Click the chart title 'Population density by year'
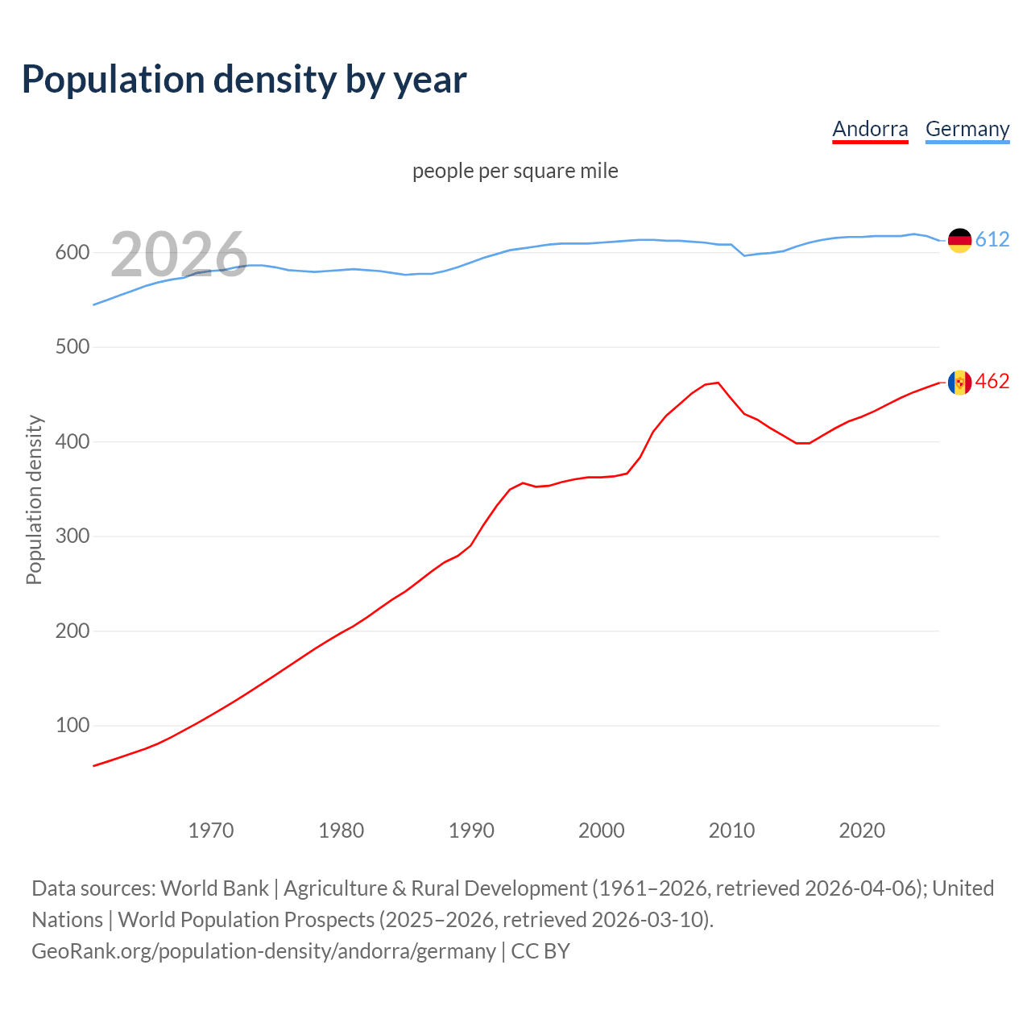[x=244, y=79]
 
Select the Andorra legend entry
[x=870, y=129]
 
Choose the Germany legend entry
[x=967, y=129]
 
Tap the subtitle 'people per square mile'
[x=515, y=171]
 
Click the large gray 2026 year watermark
[x=179, y=255]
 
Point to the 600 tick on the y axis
[x=72, y=253]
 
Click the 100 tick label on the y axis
[x=72, y=726]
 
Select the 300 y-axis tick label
[x=72, y=536]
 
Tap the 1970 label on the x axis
[x=211, y=830]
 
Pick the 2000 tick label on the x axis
[x=602, y=830]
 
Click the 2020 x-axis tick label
[x=862, y=830]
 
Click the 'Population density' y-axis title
[x=34, y=499]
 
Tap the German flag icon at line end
[x=959, y=240]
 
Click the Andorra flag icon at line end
[x=959, y=382]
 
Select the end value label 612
[x=992, y=240]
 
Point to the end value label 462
[x=992, y=382]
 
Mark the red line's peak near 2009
[x=718, y=383]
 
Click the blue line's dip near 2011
[x=744, y=255]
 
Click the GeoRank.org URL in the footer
[x=263, y=951]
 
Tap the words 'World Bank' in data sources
[x=214, y=888]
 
